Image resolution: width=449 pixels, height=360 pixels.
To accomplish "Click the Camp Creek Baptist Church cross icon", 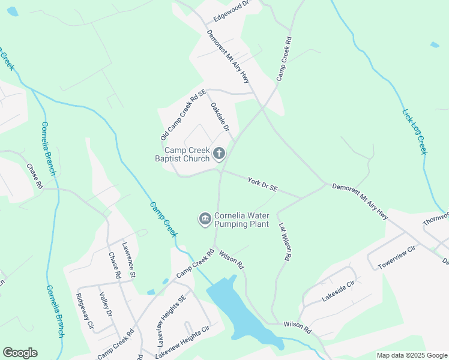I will [219, 154].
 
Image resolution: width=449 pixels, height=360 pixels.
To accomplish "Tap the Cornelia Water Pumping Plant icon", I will [205, 220].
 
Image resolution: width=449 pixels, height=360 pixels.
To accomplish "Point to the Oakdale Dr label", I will [219, 117].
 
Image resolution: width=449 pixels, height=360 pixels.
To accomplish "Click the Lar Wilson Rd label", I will [285, 241].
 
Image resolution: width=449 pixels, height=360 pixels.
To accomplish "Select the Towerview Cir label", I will [396, 257].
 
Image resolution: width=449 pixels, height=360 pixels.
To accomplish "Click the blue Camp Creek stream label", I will [163, 218].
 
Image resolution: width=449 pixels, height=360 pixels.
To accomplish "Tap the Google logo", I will [20, 353].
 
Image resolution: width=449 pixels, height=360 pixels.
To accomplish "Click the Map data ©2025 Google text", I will [412, 355].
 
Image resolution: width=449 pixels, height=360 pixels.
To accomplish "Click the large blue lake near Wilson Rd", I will [240, 312].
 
